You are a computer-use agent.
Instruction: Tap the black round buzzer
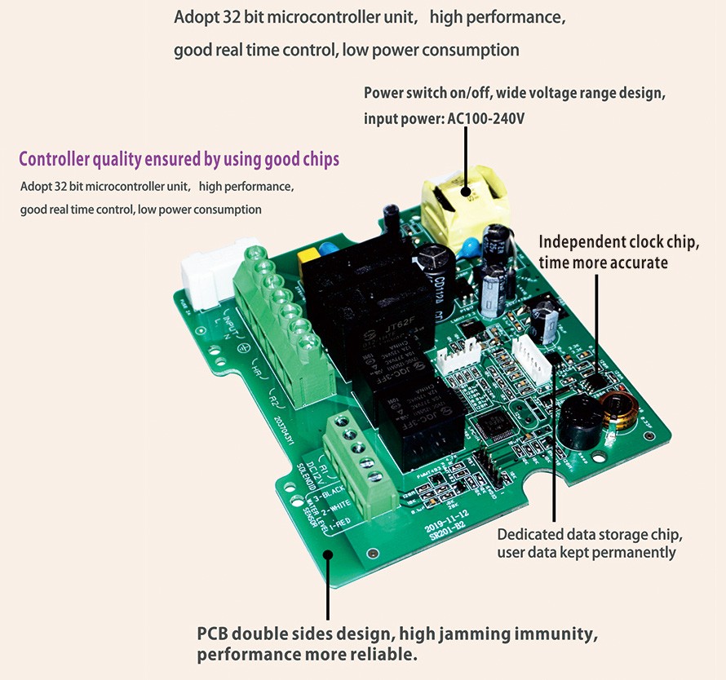click(x=580, y=422)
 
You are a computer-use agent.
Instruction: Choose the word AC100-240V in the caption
click(x=485, y=119)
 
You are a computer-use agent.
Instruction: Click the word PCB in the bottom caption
click(x=214, y=634)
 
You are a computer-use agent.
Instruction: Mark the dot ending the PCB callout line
click(x=327, y=555)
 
